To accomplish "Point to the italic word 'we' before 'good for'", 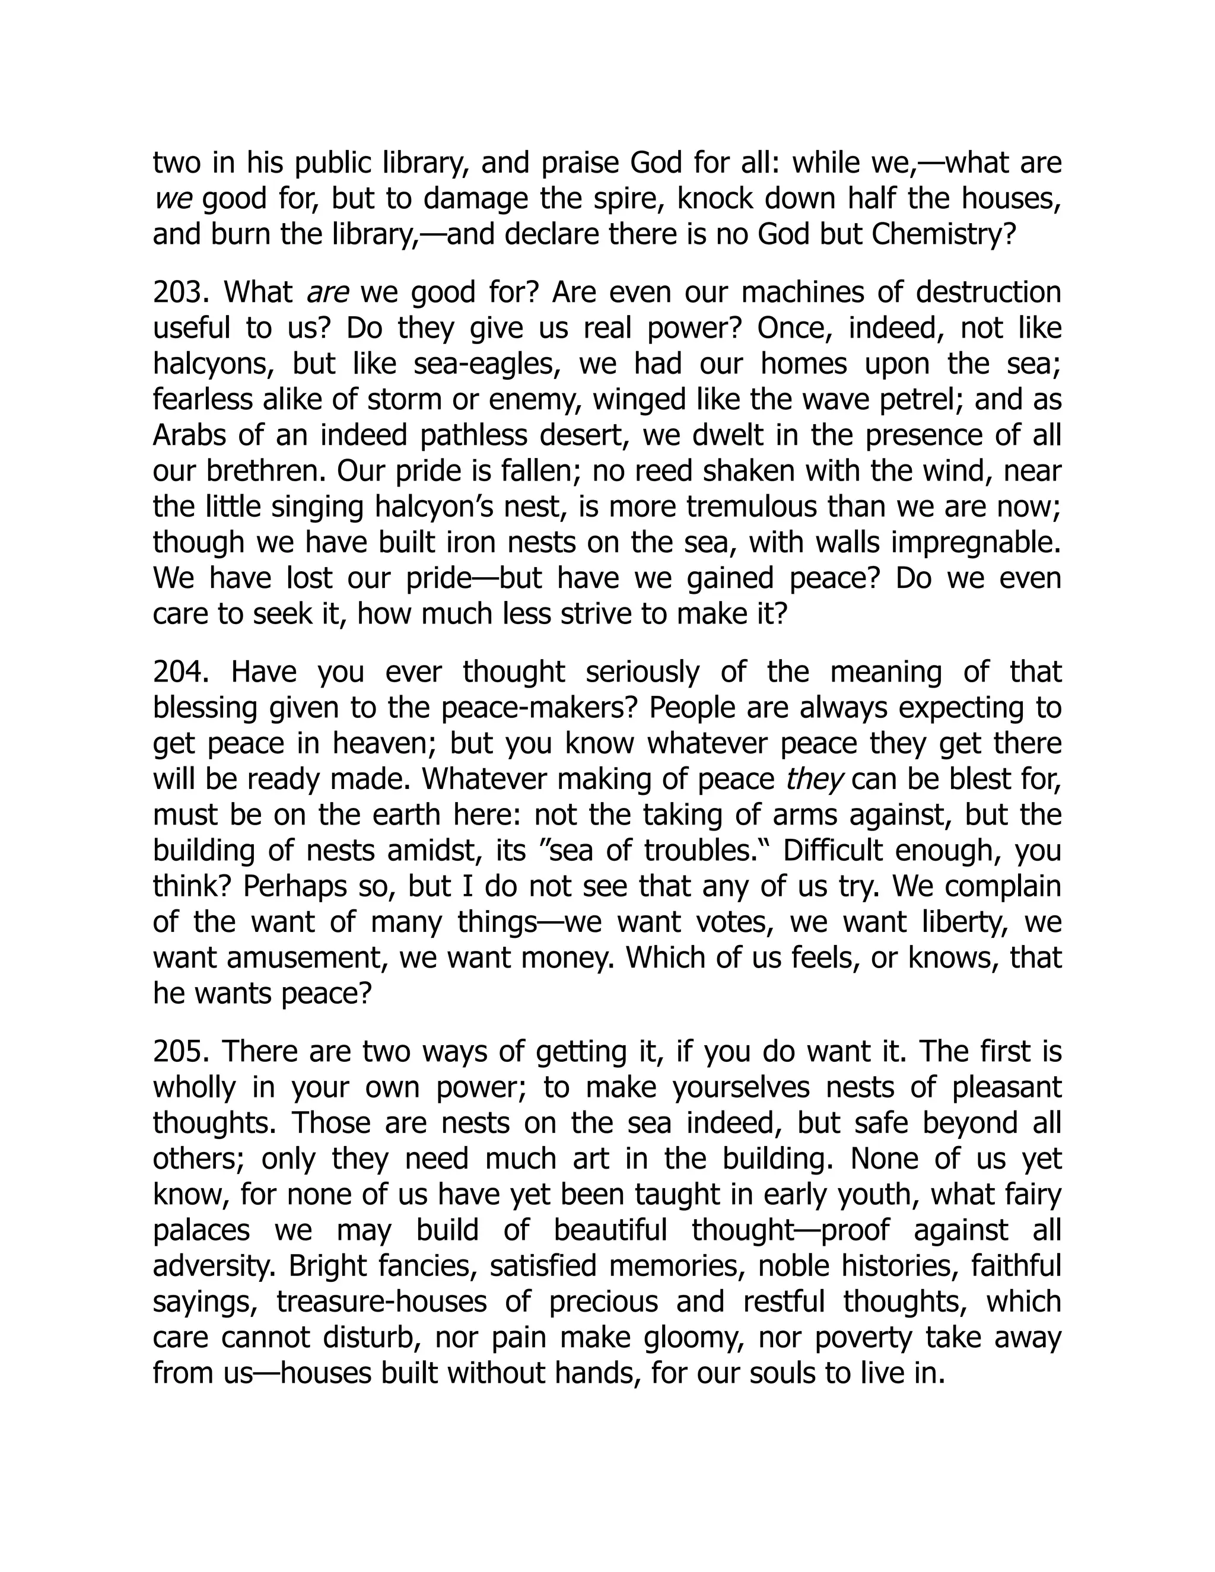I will [x=173, y=199].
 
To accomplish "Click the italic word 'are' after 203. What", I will [x=327, y=293].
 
